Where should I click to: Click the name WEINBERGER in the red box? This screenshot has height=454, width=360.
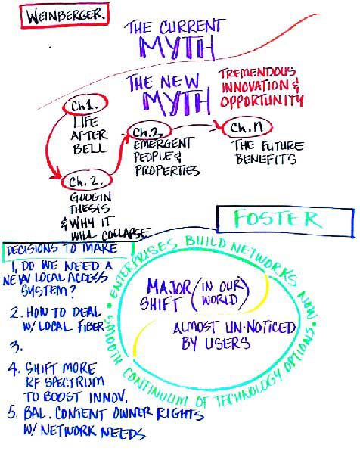click(65, 16)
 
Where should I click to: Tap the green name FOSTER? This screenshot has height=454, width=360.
click(278, 219)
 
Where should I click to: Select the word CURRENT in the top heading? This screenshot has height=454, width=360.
click(192, 26)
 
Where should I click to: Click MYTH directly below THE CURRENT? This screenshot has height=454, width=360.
click(177, 47)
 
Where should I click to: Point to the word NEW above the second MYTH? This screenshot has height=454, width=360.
click(180, 81)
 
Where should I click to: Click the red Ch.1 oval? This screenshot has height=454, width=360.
click(85, 104)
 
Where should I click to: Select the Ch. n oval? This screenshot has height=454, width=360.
click(247, 127)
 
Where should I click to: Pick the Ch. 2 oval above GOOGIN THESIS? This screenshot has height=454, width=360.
click(86, 182)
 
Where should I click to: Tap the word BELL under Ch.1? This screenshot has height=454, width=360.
click(90, 149)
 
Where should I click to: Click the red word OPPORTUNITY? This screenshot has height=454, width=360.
click(262, 101)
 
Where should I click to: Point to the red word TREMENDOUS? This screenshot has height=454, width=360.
click(257, 73)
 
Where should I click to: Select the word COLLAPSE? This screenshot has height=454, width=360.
click(126, 234)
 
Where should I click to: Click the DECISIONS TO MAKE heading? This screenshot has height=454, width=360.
click(62, 249)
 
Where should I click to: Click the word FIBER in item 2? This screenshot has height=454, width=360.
click(91, 326)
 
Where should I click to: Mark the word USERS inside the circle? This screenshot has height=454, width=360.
click(228, 343)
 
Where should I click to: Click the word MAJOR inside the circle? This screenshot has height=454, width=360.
click(169, 288)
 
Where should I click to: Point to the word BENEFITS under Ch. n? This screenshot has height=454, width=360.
click(266, 159)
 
